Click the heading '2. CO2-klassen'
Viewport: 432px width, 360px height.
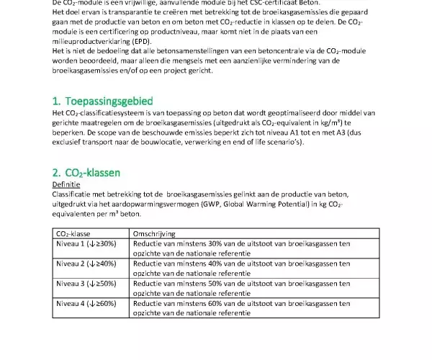click(x=86, y=173)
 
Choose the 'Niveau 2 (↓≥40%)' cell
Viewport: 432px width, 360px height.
click(x=86, y=264)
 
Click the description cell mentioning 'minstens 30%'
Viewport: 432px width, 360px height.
click(x=241, y=248)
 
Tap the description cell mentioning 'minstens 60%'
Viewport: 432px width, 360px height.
click(x=241, y=308)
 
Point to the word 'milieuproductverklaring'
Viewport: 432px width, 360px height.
click(x=93, y=42)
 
